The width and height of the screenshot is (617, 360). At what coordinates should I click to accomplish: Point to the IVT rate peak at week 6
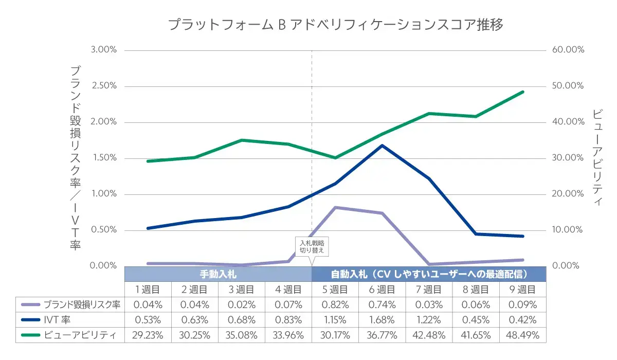(x=382, y=146)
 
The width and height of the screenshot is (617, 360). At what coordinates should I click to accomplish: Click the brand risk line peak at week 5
(x=335, y=207)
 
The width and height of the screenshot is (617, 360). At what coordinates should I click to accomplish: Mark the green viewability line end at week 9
(x=522, y=92)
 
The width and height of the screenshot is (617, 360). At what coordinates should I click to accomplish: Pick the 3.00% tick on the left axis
(x=104, y=50)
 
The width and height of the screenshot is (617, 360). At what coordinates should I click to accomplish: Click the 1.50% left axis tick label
(x=104, y=158)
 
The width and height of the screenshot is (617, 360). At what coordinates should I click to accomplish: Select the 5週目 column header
(x=335, y=290)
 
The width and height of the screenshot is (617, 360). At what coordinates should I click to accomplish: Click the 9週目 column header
(x=522, y=290)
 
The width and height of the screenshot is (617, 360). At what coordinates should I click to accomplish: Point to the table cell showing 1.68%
(x=382, y=320)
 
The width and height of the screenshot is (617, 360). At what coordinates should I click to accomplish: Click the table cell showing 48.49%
(x=522, y=335)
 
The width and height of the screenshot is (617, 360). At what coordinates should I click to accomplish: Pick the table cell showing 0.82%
(x=335, y=304)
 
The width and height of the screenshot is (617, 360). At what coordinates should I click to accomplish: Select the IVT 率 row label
(x=57, y=320)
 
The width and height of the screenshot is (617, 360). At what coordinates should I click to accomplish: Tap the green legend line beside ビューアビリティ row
(x=31, y=335)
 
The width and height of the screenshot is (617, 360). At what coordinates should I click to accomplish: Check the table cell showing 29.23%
(x=148, y=335)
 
